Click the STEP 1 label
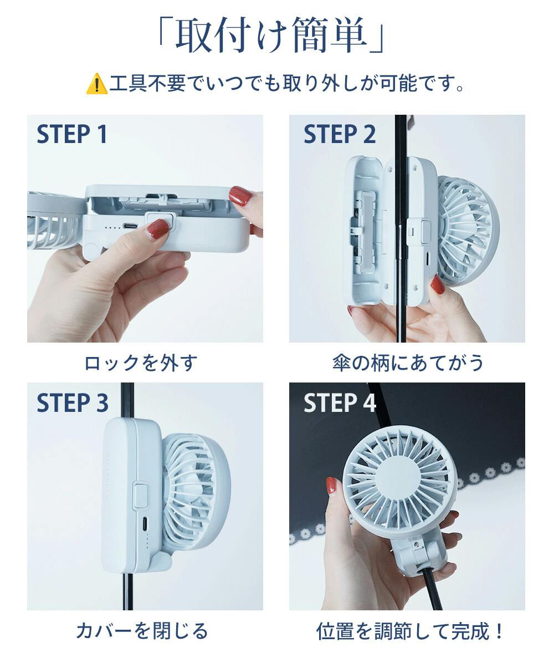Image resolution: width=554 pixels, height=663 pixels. tap(72, 135)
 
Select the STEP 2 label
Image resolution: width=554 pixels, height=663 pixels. tap(340, 135)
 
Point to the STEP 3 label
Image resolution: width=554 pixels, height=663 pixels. tap(73, 403)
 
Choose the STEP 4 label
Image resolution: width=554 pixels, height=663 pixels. tap(340, 403)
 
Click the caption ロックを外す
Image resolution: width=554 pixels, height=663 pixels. tap(141, 363)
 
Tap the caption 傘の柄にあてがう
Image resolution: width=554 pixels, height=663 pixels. tap(408, 363)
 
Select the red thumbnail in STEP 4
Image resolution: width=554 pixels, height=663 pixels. tap(332, 486)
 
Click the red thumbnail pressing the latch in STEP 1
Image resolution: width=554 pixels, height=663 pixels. tap(157, 228)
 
